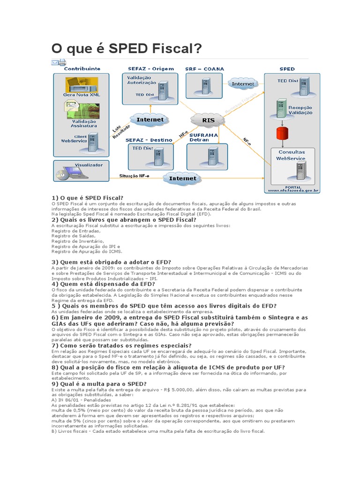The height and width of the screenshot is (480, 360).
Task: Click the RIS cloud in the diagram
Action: pos(208,120)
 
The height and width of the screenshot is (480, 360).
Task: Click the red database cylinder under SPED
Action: pos(281,133)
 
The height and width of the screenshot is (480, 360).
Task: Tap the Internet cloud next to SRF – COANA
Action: pos(243,84)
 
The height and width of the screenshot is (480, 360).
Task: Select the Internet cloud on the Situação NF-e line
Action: pos(182,178)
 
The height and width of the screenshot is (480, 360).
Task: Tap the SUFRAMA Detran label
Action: pos(203,137)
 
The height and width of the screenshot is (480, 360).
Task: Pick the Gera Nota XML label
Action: pos(82,94)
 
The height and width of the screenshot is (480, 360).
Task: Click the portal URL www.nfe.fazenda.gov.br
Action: pos(293,191)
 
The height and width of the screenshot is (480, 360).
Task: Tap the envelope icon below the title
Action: pos(55,62)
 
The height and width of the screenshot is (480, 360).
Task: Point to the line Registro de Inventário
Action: pos(75,241)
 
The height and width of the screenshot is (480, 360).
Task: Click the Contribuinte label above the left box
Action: pos(82,68)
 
